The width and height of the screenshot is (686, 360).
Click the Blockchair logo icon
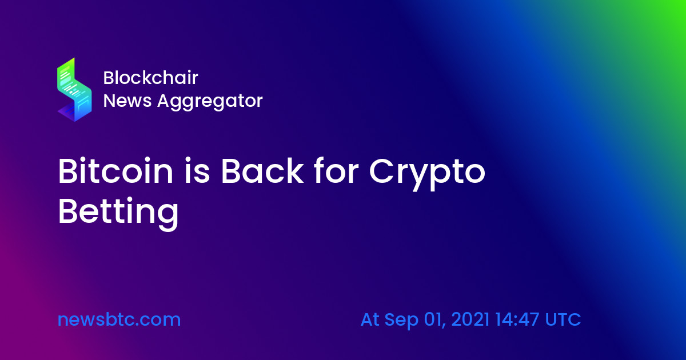coord(74,90)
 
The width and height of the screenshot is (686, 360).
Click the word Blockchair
coord(151,78)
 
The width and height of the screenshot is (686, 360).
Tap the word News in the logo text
coord(127,101)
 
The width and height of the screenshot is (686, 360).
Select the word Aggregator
coord(210,102)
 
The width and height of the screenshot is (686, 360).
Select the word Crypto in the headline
coord(427,174)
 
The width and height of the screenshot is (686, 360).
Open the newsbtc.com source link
coord(119,319)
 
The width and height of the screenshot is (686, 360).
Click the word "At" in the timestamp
coord(370,319)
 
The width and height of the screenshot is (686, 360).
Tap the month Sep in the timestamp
coord(401,321)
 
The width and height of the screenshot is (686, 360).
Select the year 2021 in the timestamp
coord(470,319)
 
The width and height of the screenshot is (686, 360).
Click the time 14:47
coord(517,319)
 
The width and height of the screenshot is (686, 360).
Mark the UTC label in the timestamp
coord(563,319)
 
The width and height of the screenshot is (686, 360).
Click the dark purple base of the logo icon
coord(68,113)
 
